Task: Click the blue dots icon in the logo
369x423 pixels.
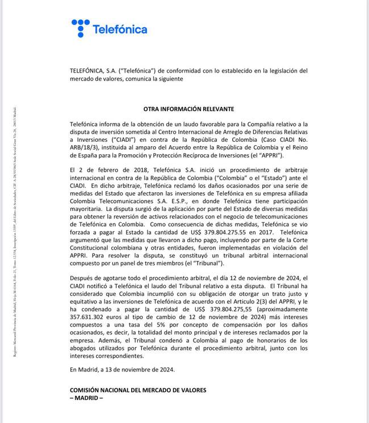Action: pyautogui.click(x=81, y=28)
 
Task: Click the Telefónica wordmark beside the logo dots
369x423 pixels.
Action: pyautogui.click(x=119, y=29)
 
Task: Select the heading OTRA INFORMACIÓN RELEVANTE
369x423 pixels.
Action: pyautogui.click(x=188, y=108)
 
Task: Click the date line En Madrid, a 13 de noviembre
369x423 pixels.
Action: pyautogui.click(x=122, y=369)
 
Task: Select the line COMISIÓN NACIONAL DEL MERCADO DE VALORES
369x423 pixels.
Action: pyautogui.click(x=138, y=390)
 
